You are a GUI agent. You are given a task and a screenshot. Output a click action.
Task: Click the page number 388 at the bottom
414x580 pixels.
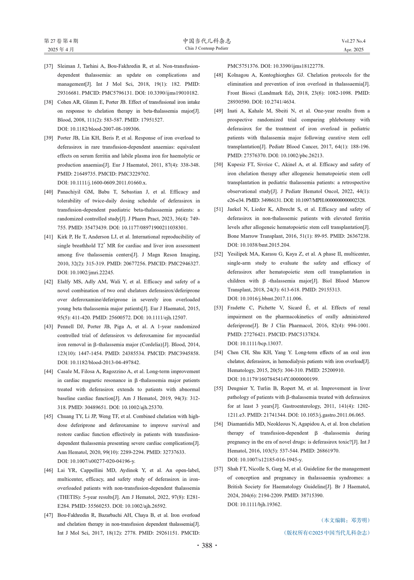[x=207, y=545]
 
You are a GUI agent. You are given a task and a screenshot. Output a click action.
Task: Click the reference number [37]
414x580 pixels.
[x=48, y=66]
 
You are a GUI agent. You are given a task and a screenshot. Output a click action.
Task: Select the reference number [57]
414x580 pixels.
[x=218, y=469]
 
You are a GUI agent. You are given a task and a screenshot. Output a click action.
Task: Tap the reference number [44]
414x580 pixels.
[x=48, y=371]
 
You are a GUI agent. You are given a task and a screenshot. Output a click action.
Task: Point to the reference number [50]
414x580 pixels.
[x=218, y=165]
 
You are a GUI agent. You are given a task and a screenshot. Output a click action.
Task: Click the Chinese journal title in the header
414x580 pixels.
[x=207, y=41]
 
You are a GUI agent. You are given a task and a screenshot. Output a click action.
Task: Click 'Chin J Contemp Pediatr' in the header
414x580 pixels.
[x=207, y=48]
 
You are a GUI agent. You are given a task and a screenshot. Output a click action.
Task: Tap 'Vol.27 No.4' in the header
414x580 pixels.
[x=353, y=41]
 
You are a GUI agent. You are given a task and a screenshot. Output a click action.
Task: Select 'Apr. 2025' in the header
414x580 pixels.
[x=353, y=50]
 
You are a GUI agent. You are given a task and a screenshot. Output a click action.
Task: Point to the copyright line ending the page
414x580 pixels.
[x=327, y=533]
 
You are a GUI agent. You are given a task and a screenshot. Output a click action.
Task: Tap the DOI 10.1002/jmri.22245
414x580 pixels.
[x=92, y=272]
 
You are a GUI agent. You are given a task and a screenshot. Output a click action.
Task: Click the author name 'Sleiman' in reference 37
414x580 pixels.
[x=67, y=66]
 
